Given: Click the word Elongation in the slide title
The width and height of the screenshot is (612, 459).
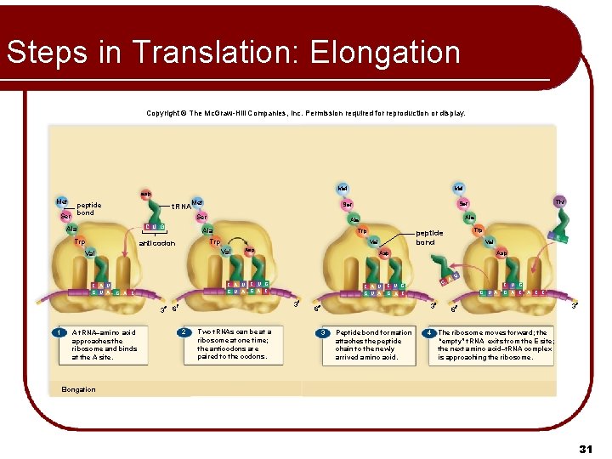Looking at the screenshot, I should (x=385, y=53).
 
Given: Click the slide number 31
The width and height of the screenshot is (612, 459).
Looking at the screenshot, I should (x=584, y=448).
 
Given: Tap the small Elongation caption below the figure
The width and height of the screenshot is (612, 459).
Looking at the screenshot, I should (x=79, y=389).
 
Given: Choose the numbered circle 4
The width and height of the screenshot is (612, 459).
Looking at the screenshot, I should (x=430, y=332).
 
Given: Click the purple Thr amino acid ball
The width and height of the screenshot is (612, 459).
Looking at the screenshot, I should (x=559, y=202).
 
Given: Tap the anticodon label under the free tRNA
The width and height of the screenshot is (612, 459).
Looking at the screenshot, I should (x=156, y=243).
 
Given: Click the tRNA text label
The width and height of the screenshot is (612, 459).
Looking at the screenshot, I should (x=180, y=206).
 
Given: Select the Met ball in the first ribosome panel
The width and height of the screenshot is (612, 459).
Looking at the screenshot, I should (x=62, y=202).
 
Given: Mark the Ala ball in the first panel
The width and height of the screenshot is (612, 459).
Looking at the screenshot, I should (x=72, y=229).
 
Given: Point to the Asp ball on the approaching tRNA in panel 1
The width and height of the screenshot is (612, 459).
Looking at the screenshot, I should (x=145, y=194).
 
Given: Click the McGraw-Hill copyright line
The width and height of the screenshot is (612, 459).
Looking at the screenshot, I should (x=306, y=113).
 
